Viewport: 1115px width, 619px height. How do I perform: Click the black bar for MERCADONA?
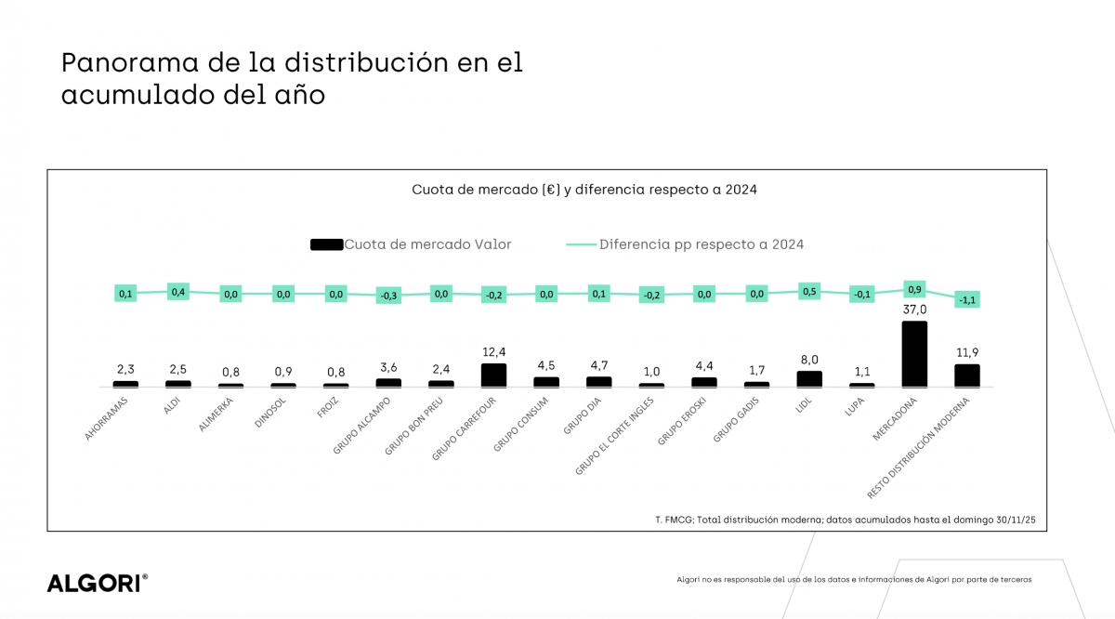914,354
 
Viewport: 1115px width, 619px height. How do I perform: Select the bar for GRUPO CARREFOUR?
493,375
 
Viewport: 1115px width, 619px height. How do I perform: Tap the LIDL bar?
809,378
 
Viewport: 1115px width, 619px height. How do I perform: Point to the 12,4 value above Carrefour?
493,352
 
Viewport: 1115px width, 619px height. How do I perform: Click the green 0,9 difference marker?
914,289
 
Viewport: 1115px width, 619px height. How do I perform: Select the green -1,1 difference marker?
967,299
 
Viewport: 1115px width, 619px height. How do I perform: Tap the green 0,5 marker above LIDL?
809,291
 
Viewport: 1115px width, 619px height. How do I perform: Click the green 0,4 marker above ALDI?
178,291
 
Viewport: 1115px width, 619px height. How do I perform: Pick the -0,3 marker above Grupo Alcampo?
388,296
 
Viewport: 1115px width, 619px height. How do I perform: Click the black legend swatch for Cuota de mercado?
326,244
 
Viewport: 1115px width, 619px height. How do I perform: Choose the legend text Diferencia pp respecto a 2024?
702,244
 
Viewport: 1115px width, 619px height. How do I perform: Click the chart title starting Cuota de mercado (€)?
584,190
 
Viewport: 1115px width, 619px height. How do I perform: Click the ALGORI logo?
97,584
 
